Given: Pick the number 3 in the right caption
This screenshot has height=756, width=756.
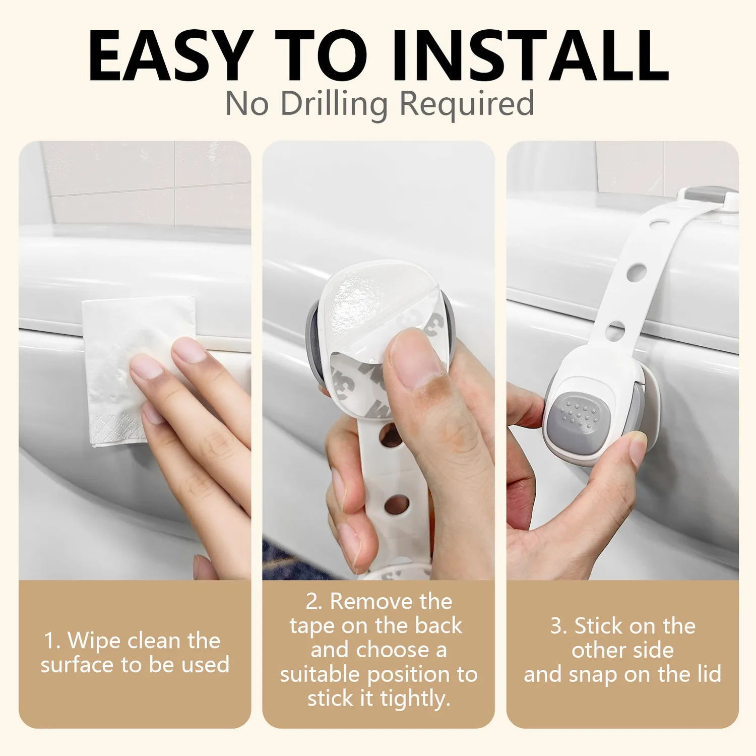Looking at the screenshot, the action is click(556, 626).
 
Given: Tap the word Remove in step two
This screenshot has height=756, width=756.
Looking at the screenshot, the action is click(366, 602).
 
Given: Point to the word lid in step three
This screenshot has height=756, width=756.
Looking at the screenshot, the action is click(711, 674).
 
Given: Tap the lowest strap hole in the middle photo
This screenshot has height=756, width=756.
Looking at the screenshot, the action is click(396, 505).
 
